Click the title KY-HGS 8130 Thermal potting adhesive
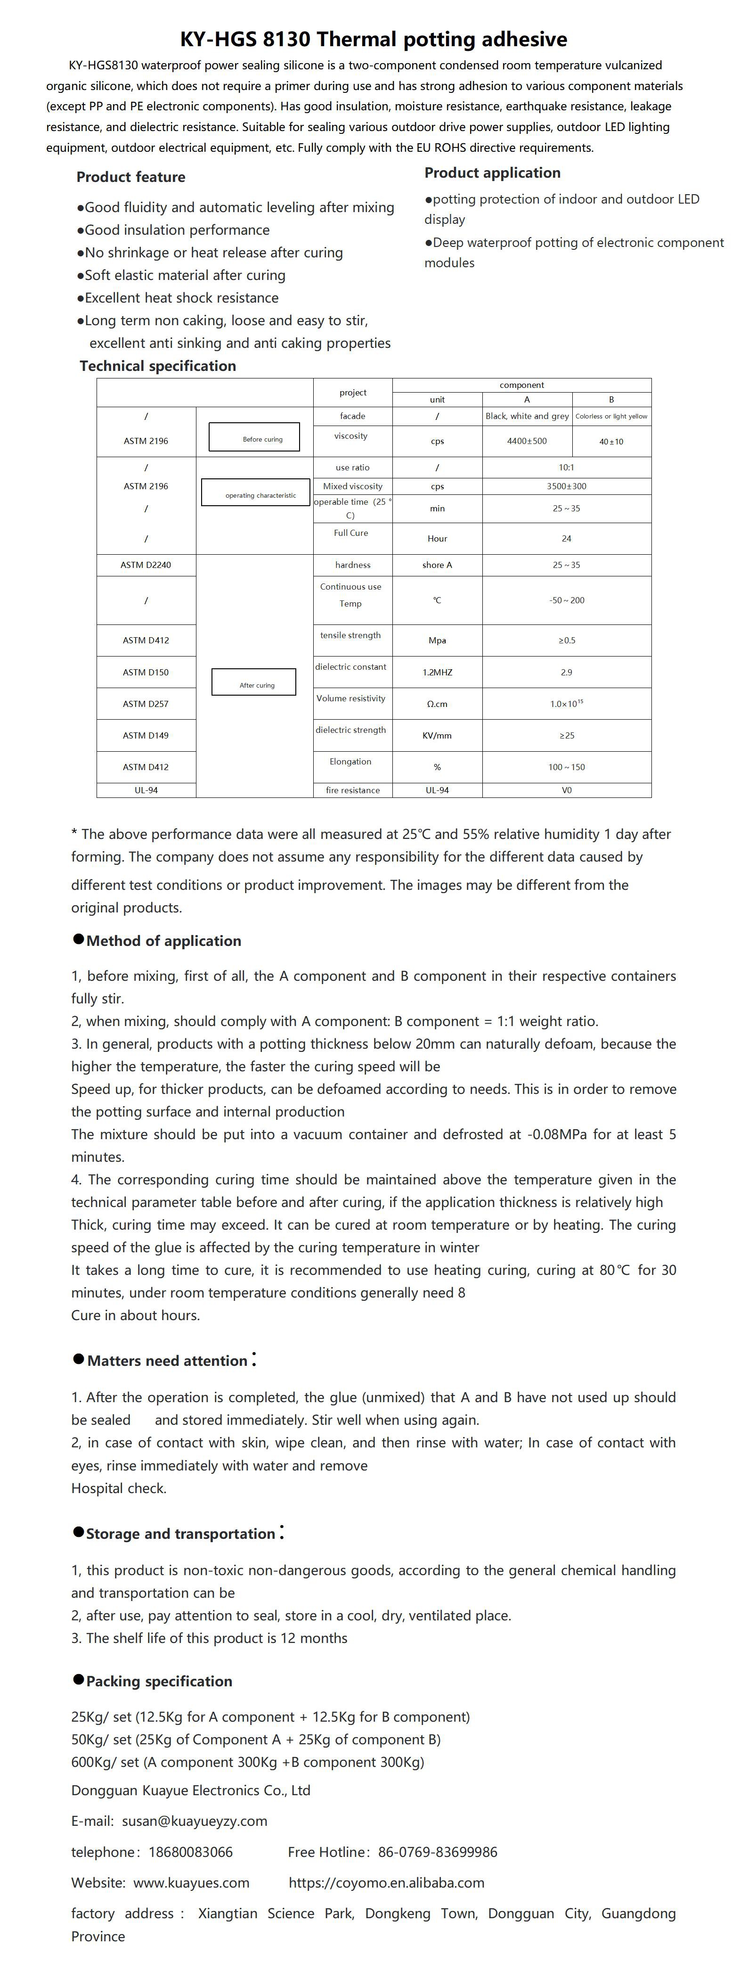click(x=374, y=39)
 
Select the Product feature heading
click(x=130, y=177)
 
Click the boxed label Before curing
click(x=254, y=437)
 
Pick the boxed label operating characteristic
click(x=255, y=493)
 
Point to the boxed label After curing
click(x=254, y=682)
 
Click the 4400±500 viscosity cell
click(x=527, y=441)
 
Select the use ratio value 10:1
click(x=566, y=468)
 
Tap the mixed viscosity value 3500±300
click(x=566, y=487)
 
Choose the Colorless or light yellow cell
click(x=611, y=417)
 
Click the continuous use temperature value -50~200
click(x=566, y=600)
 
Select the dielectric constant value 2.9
click(x=566, y=673)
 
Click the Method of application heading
click(x=163, y=941)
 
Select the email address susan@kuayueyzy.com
click(x=195, y=1821)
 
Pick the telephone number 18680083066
click(x=190, y=1852)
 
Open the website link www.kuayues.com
click(x=191, y=1883)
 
